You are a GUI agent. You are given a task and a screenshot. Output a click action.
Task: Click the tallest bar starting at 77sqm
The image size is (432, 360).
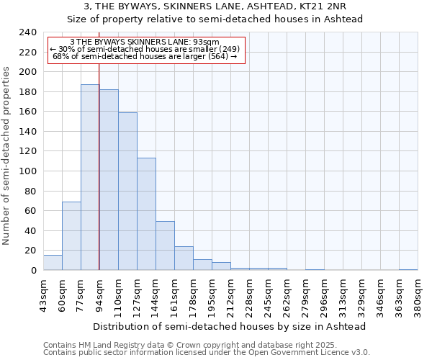pyautogui.click(x=90, y=177)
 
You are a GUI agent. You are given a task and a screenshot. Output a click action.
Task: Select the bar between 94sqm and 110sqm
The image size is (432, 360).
pyautogui.click(x=109, y=180)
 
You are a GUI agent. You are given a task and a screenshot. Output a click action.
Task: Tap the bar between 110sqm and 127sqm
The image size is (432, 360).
pyautogui.click(x=127, y=192)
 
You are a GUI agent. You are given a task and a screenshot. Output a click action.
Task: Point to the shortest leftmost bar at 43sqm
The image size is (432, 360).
pyautogui.click(x=53, y=263)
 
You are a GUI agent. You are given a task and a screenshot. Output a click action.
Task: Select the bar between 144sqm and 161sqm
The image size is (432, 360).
pyautogui.click(x=165, y=246)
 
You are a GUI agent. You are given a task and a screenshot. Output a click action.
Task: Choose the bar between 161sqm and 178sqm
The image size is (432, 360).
pyautogui.click(x=184, y=258)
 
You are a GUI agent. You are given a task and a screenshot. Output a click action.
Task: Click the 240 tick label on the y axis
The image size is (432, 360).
pyautogui.click(x=27, y=32)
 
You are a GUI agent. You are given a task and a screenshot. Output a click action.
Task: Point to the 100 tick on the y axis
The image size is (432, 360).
pyautogui.click(x=27, y=171)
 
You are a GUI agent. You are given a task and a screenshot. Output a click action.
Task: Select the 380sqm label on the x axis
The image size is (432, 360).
pyautogui.click(x=418, y=294)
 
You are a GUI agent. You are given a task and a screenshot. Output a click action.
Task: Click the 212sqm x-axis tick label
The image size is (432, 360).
pyautogui.click(x=230, y=294)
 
